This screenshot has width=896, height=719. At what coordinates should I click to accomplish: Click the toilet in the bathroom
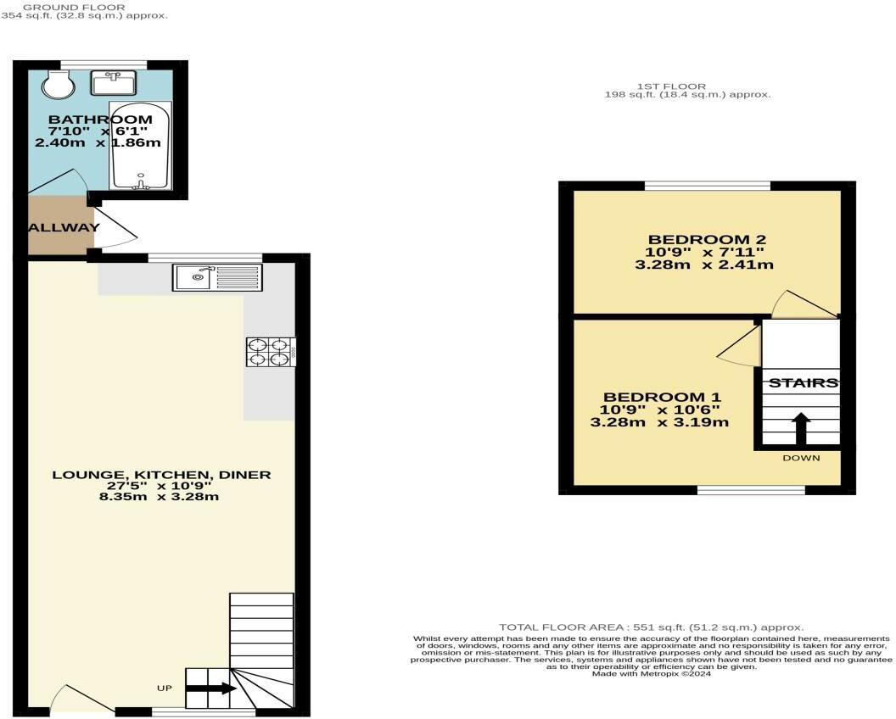pyautogui.click(x=59, y=86)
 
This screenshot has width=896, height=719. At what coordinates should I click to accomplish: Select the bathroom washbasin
pyautogui.click(x=113, y=83)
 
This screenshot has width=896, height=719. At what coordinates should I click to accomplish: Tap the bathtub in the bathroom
pyautogui.click(x=139, y=146)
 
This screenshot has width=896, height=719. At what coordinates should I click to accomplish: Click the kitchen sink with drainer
pyautogui.click(x=217, y=277)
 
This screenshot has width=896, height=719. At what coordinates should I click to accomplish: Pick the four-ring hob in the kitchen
pyautogui.click(x=271, y=352)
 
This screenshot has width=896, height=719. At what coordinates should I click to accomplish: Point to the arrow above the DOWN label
pyautogui.click(x=801, y=429)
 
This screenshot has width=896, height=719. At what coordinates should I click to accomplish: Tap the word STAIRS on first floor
pyautogui.click(x=803, y=383)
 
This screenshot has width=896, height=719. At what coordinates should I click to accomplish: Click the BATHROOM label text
pyautogui.click(x=100, y=120)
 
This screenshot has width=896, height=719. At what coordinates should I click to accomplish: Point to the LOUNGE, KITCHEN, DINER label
pyautogui.click(x=162, y=475)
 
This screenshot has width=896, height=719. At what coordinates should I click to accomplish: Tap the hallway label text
pyautogui.click(x=64, y=227)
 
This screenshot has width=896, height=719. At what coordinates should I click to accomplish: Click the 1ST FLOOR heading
pyautogui.click(x=671, y=86)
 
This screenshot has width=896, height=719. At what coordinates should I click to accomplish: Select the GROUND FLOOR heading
pyautogui.click(x=75, y=8)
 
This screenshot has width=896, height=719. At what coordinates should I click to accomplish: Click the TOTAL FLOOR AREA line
pyautogui.click(x=652, y=627)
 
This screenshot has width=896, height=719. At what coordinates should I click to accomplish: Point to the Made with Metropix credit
pyautogui.click(x=652, y=674)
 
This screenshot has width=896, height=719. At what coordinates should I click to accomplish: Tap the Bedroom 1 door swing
pyautogui.click(x=739, y=344)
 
